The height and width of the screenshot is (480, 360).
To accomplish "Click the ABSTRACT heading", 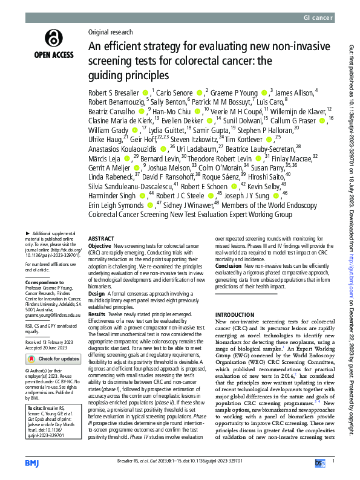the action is tap(101, 238).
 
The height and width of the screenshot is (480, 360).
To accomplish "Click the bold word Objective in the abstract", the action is tap(100, 247).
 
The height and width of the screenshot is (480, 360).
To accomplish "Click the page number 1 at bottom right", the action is tap(333, 461).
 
